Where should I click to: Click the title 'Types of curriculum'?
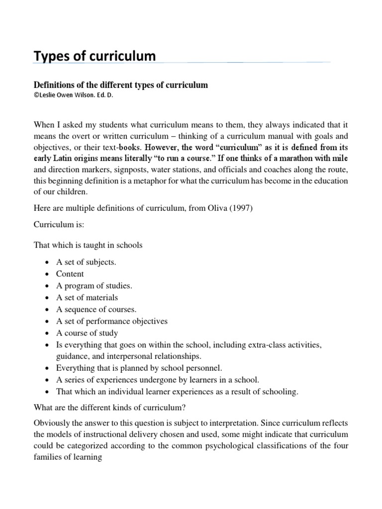[x=95, y=57]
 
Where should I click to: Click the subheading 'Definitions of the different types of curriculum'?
[x=120, y=85]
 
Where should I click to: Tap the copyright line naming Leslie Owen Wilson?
[x=73, y=95]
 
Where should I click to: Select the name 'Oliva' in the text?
[x=214, y=208]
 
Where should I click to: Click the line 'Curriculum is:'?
[x=59, y=225]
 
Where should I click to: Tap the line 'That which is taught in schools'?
[x=88, y=245]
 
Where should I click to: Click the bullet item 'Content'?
[x=70, y=274]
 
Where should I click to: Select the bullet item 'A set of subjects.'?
[x=86, y=262]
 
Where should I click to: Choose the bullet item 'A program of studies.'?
[x=94, y=286]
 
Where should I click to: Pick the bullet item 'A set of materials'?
[x=87, y=298]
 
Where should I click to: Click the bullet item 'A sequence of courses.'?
[x=96, y=309]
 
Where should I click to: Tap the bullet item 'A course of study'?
[x=87, y=333]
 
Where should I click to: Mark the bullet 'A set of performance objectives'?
[x=112, y=321]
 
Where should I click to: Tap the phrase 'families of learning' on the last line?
[x=68, y=458]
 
